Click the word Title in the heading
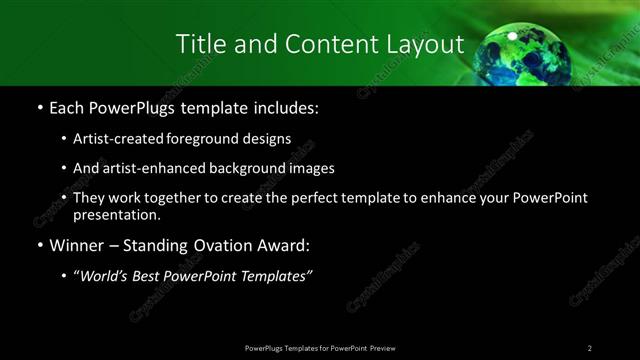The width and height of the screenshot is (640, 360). pos(200,44)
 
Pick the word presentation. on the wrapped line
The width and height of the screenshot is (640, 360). pos(116,214)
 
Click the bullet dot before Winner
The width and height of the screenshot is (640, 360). pos(39,245)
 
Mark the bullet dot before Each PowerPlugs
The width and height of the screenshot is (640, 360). pos(39,107)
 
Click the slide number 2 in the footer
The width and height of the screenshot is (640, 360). pos(590,347)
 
